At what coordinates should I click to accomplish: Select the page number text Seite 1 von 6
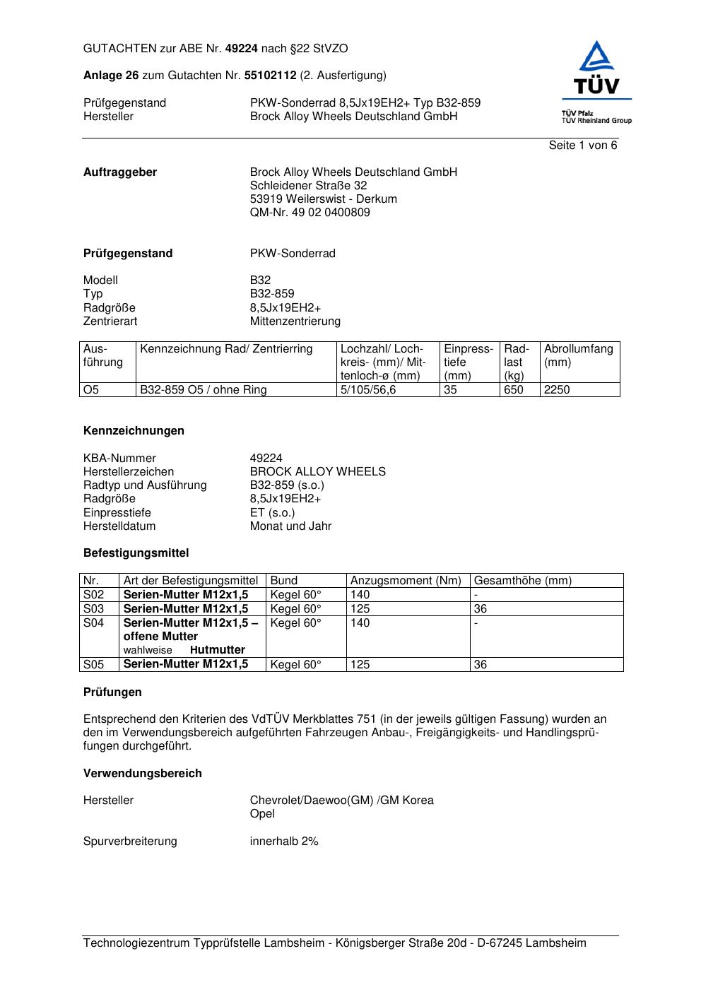582,146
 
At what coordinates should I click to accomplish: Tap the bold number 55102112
270,76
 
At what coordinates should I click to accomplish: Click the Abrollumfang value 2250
557,390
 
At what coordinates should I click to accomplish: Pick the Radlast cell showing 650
513,390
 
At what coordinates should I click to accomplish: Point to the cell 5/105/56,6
369,390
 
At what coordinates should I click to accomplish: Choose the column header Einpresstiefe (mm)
468,362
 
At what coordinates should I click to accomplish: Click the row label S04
94,623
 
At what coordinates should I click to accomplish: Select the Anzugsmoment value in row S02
360,595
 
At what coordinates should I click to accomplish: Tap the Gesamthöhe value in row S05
481,665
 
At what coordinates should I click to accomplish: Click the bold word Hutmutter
218,650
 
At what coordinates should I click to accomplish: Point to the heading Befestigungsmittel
136,553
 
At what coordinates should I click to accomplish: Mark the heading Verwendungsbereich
142,774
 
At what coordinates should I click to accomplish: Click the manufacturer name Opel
262,814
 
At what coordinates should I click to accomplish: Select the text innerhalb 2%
284,842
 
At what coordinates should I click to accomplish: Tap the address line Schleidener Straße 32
308,186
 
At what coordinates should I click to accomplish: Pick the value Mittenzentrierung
295,321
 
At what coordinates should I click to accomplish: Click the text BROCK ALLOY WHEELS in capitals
317,472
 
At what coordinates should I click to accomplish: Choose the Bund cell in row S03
295,609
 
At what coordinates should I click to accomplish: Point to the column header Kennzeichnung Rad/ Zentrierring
226,349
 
